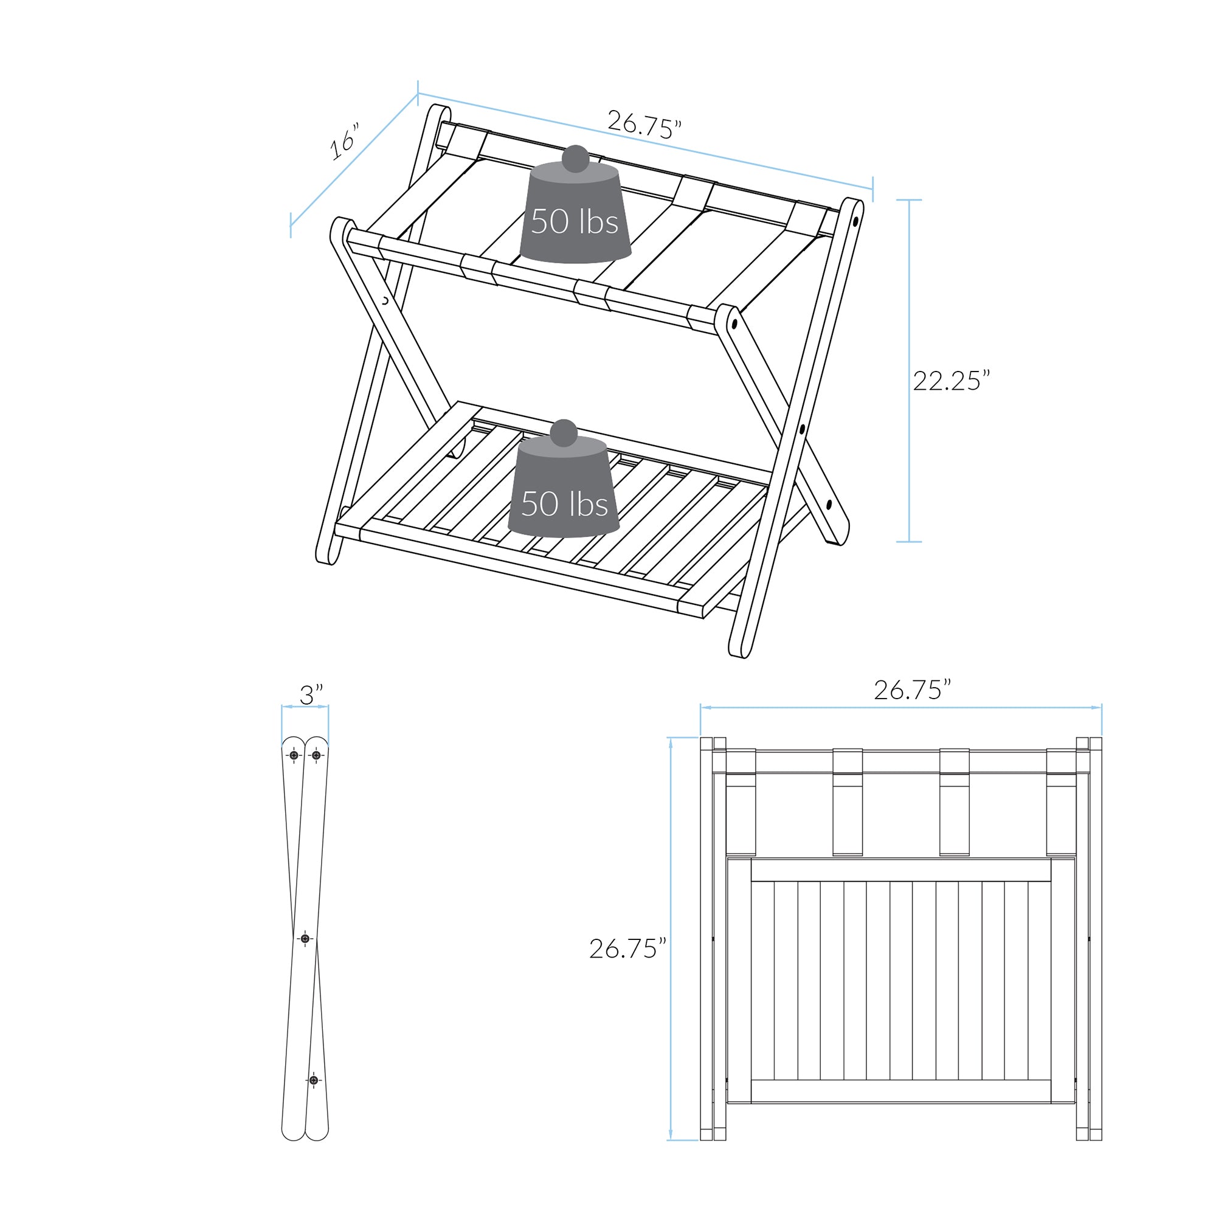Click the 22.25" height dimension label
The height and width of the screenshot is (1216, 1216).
click(x=951, y=381)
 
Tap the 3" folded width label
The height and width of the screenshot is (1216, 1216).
click(x=311, y=695)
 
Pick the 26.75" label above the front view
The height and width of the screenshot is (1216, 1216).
click(x=912, y=690)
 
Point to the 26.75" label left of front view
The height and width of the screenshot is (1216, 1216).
click(x=627, y=948)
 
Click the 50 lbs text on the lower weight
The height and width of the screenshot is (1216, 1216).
click(x=565, y=503)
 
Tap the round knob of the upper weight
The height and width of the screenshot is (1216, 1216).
click(x=575, y=159)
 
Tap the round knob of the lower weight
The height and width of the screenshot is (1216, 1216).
click(x=564, y=433)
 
